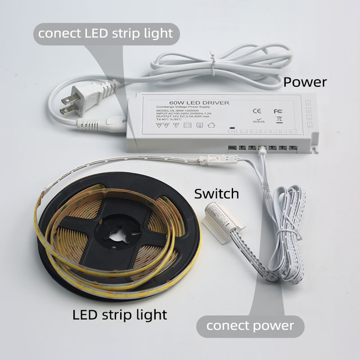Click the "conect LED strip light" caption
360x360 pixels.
tap(105, 33)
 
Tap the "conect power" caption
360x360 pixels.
tap(250, 325)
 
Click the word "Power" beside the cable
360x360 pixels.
tap(305, 82)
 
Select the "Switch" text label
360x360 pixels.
tap(216, 194)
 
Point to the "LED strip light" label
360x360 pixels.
tap(120, 315)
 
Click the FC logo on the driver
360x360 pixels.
tap(277, 111)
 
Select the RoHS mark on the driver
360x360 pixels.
tap(258, 120)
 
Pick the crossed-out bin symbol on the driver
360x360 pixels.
tap(278, 120)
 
